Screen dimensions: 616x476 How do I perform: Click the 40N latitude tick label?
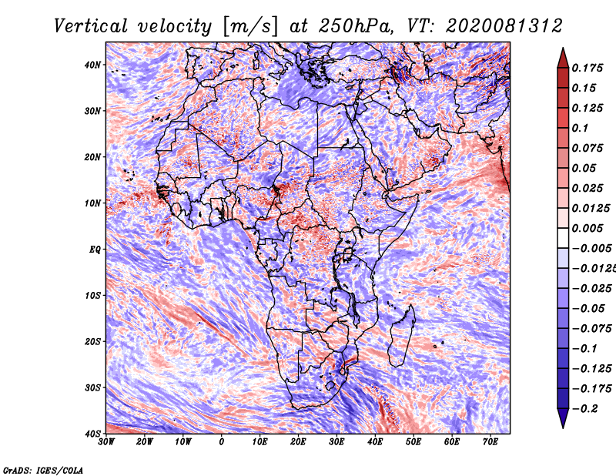[x=92, y=65]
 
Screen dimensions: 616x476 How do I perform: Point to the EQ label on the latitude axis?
[x=95, y=250]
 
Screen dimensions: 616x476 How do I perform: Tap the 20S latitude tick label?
[x=92, y=341]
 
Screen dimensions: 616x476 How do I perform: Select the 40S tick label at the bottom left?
[x=92, y=434]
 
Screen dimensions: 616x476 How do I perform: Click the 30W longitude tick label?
[x=106, y=442]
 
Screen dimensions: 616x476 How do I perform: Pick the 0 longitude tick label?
[x=222, y=442]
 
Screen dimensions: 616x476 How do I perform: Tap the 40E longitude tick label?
[x=375, y=442]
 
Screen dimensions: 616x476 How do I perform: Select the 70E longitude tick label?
[x=490, y=442]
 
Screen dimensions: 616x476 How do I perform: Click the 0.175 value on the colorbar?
[x=588, y=68]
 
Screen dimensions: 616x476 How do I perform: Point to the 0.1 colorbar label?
[x=580, y=128]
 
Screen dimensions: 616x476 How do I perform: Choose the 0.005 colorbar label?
[x=588, y=228]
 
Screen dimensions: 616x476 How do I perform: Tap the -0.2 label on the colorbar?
[x=584, y=409]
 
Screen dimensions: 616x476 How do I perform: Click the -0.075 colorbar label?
[x=591, y=329]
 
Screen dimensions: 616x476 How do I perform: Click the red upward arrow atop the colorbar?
[x=563, y=58]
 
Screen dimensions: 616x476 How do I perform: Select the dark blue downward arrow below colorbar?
[x=563, y=418]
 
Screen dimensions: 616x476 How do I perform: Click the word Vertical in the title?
[x=91, y=26]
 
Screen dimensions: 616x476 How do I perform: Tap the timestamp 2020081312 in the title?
[x=504, y=26]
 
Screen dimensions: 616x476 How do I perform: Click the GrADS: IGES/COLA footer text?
[x=43, y=470]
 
